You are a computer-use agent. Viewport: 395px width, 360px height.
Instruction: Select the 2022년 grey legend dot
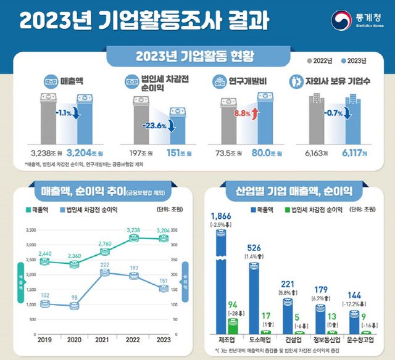pyautogui.click(x=310, y=61)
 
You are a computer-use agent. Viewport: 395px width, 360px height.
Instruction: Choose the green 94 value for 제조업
pyautogui.click(x=232, y=305)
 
